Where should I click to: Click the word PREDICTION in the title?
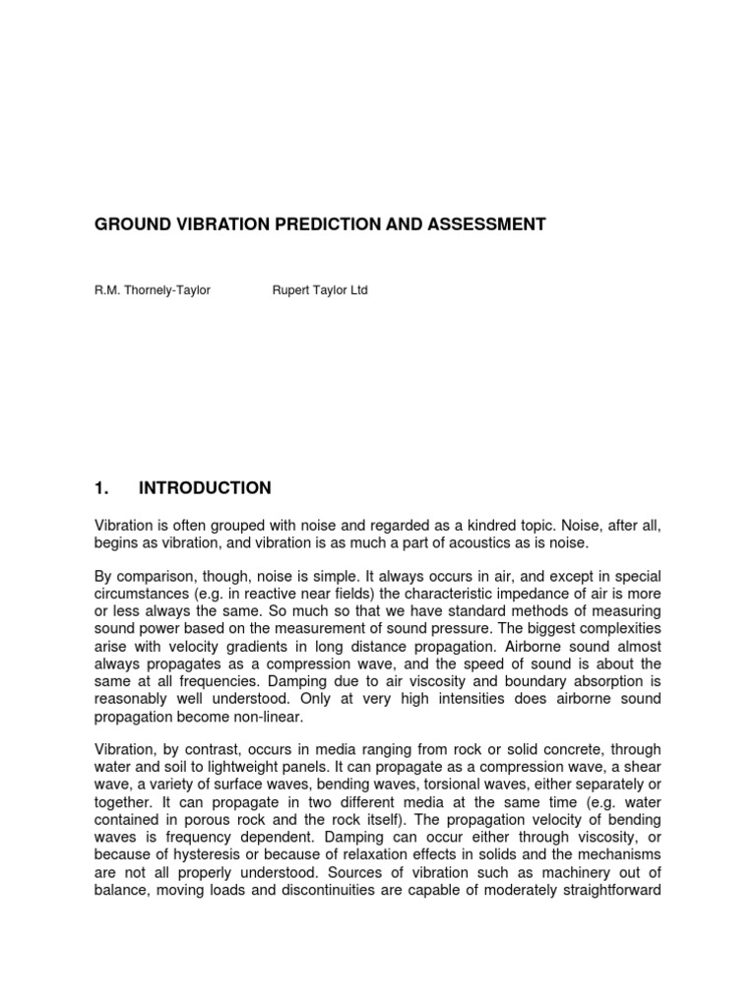(x=309, y=224)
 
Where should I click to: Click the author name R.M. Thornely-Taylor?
(x=152, y=291)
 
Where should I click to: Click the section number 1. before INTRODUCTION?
(x=99, y=488)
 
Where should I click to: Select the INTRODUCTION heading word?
(x=205, y=488)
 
